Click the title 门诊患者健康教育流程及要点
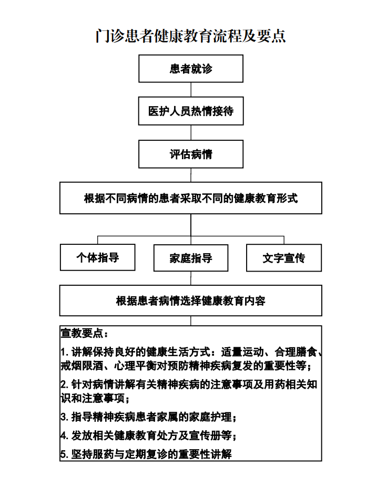(190, 36)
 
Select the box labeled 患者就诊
(191, 68)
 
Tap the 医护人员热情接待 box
(191, 111)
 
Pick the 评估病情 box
(191, 154)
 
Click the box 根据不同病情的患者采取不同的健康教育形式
(191, 198)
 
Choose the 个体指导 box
(97, 257)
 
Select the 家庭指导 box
(191, 258)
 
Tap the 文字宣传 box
(284, 258)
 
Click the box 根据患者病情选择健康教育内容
(191, 300)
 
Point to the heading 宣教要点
(85, 334)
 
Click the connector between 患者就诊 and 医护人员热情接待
(191, 90)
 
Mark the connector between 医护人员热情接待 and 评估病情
(191, 132)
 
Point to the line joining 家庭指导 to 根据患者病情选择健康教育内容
(191, 278)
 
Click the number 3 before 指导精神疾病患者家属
(64, 417)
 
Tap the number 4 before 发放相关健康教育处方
(64, 435)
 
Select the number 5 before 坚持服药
(64, 454)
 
